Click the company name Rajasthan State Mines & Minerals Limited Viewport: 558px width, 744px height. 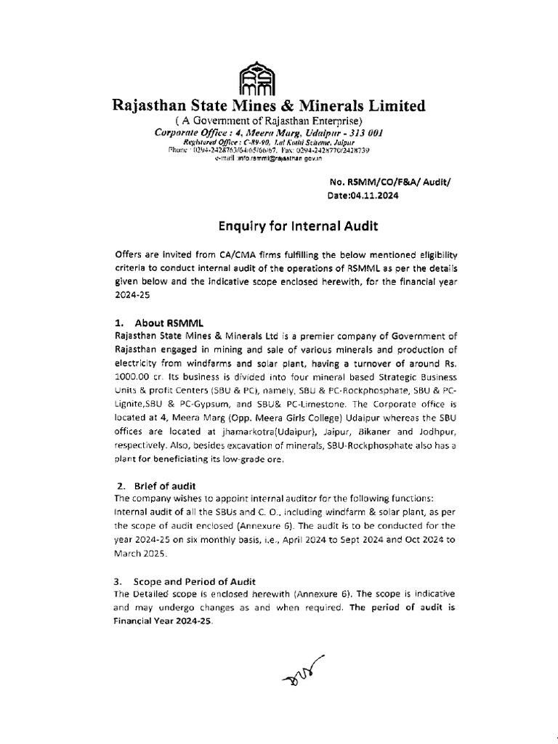[x=268, y=107]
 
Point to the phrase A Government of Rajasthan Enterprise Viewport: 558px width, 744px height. [x=268, y=121]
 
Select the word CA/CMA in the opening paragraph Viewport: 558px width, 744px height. [x=225, y=256]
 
